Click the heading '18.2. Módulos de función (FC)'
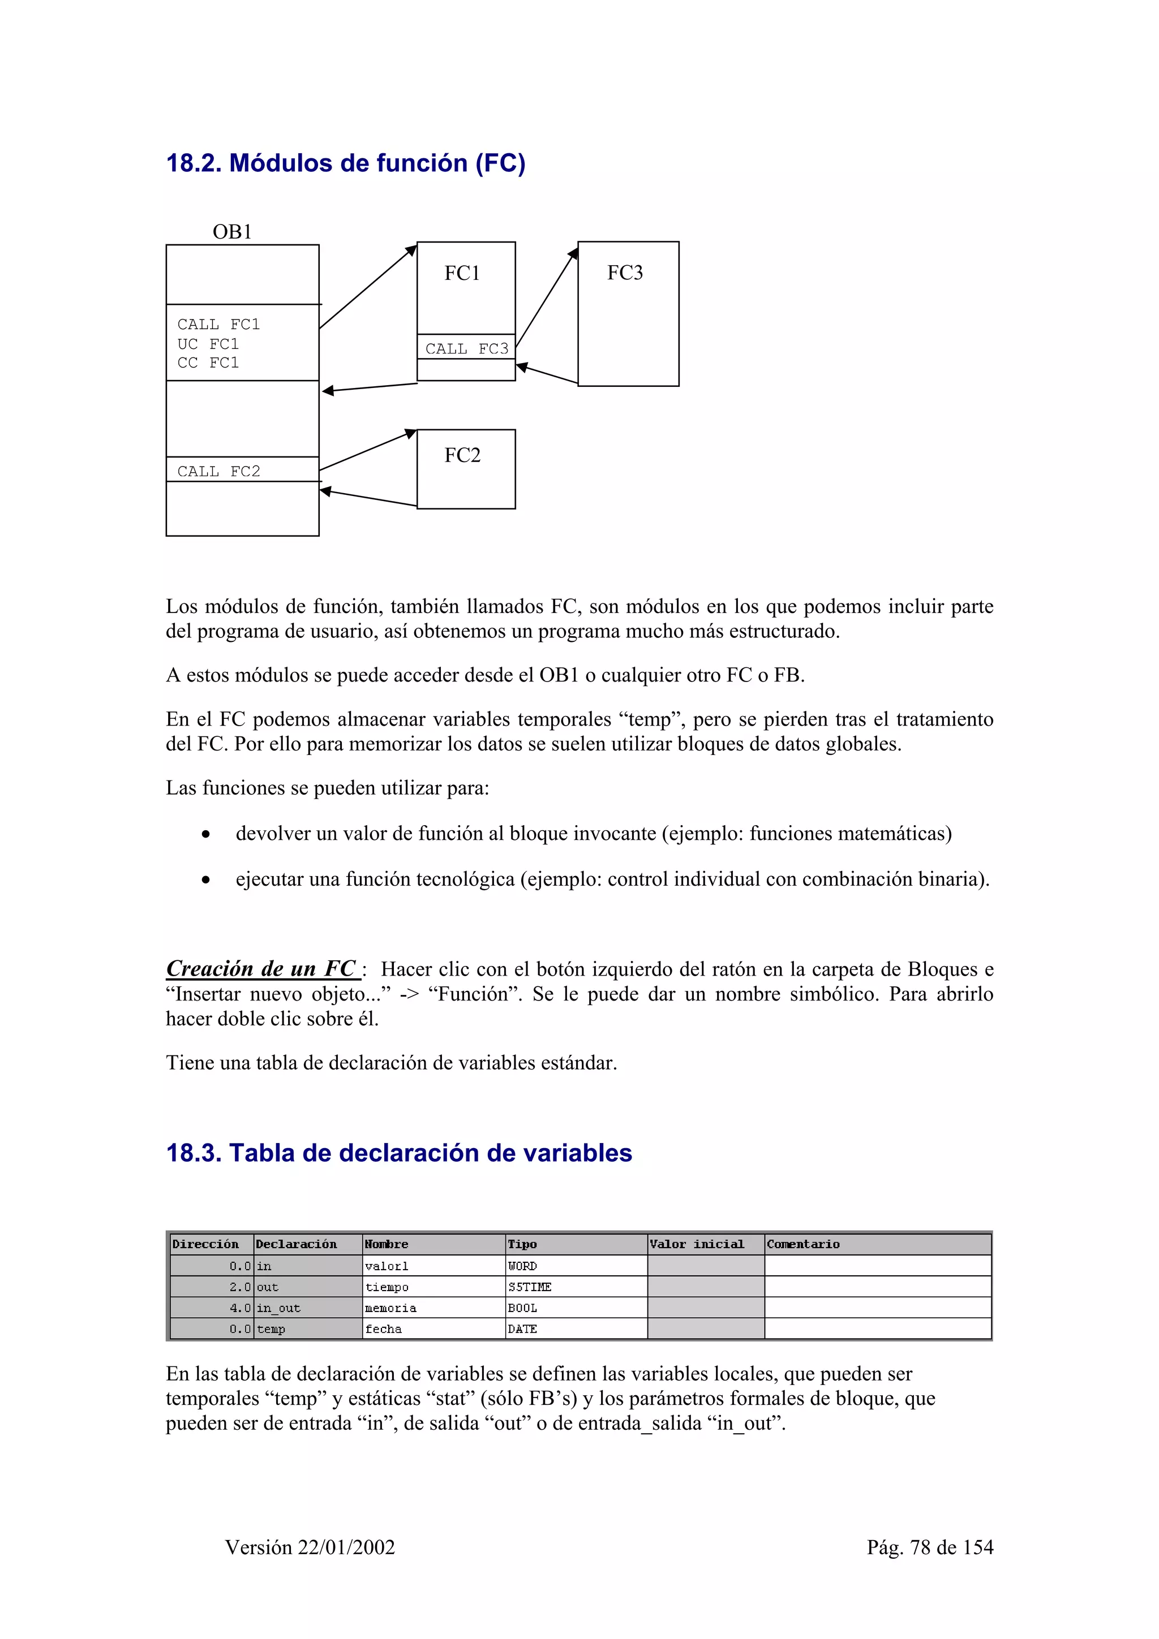[346, 163]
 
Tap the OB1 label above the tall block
[231, 232]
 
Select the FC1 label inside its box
[462, 273]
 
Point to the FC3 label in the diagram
[625, 273]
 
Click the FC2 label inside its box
[462, 455]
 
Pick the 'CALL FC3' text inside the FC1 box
[466, 348]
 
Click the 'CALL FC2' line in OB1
[218, 471]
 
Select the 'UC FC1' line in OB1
[208, 344]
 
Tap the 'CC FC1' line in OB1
[208, 363]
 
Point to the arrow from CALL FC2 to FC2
[368, 450]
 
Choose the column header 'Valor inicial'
[696, 1244]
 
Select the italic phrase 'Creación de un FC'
[261, 969]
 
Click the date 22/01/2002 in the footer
[346, 1547]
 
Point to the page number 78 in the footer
[921, 1547]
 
